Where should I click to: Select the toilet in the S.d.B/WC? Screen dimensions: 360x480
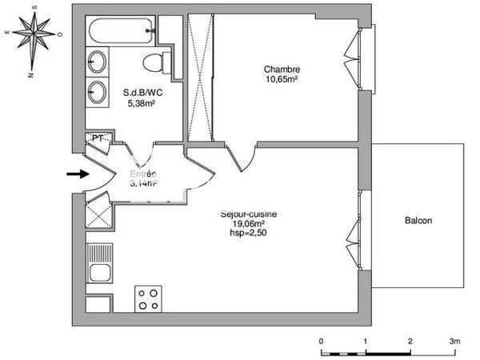point(153,61)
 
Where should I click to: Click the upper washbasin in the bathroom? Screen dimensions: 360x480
point(98,62)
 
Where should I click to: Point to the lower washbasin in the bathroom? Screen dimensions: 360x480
point(98,90)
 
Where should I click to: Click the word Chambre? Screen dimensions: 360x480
point(282,70)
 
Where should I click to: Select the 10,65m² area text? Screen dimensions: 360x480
point(282,79)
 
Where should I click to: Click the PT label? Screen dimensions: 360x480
point(97,138)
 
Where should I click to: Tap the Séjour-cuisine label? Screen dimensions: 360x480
point(249,214)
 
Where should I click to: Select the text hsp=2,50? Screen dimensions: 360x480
point(249,234)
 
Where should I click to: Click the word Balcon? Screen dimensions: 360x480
point(418,220)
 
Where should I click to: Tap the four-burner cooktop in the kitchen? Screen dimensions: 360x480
point(147,298)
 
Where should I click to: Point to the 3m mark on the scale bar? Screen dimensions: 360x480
point(454,341)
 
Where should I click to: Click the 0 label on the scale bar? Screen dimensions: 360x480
point(322,341)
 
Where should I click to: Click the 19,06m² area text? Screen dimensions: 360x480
point(249,224)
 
